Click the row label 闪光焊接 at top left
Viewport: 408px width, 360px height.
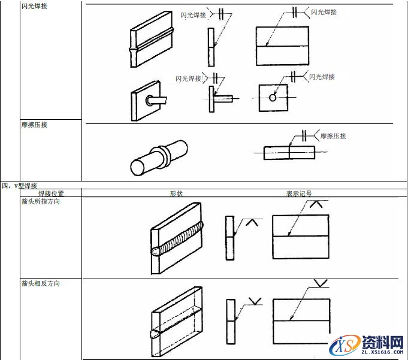pyautogui.click(x=35, y=6)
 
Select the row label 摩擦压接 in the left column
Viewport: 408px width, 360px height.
pyautogui.click(x=35, y=125)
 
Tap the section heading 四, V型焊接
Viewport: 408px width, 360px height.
pyautogui.click(x=19, y=186)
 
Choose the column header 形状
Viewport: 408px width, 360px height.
pyautogui.click(x=176, y=193)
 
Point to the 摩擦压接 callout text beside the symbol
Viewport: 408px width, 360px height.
pyautogui.click(x=333, y=136)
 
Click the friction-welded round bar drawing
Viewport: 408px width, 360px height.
pyautogui.click(x=159, y=157)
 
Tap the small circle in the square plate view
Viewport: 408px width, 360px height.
pyautogui.click(x=273, y=98)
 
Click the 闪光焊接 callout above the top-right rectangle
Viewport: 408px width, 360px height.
pyautogui.click(x=324, y=12)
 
